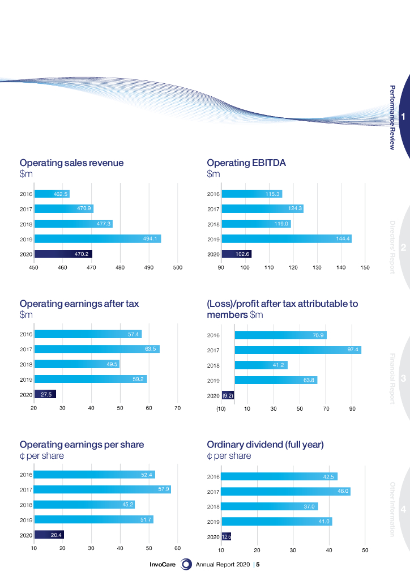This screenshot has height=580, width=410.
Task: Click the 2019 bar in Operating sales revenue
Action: (x=97, y=239)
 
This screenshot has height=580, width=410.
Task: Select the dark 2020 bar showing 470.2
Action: (x=63, y=254)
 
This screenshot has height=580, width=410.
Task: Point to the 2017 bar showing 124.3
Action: (x=263, y=209)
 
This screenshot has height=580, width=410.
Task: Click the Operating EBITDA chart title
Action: (x=246, y=163)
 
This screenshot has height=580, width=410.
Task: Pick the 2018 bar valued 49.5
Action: (x=76, y=364)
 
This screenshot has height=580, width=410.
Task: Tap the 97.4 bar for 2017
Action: (x=298, y=350)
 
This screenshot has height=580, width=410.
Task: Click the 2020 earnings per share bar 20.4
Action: (x=49, y=534)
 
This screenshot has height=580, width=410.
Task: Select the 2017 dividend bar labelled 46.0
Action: (x=285, y=492)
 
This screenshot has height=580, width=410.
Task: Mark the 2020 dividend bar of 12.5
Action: (x=227, y=536)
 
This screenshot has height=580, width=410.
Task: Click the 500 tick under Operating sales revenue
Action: (x=178, y=268)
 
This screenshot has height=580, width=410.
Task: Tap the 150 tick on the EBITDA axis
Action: (x=365, y=268)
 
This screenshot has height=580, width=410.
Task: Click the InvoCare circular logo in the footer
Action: (x=186, y=564)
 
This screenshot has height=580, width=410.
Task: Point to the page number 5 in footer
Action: (x=258, y=565)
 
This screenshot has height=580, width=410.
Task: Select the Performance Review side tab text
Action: (x=392, y=117)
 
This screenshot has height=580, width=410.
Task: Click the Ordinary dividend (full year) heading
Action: (x=265, y=445)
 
